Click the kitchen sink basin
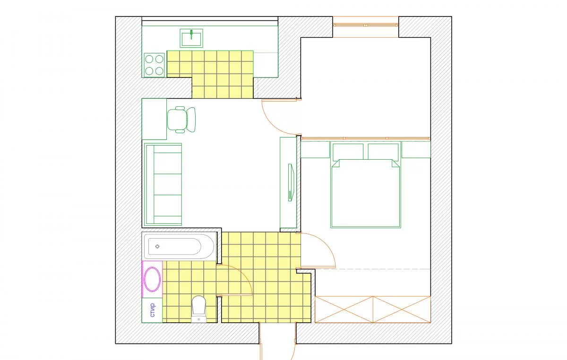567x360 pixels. (x=191, y=38)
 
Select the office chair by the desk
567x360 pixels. (x=181, y=120)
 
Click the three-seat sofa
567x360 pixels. (x=163, y=184)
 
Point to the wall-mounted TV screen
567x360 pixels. (x=291, y=182)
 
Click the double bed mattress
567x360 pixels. (x=366, y=193)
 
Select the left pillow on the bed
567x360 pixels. (x=348, y=152)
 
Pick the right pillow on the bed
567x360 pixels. (x=383, y=152)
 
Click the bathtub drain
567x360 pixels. (x=157, y=246)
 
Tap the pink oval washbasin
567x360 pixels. (x=152, y=279)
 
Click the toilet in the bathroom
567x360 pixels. (x=199, y=309)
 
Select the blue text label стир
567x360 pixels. (x=152, y=310)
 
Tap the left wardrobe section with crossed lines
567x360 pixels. (x=344, y=309)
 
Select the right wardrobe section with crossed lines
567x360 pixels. (x=402, y=309)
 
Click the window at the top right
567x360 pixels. (x=366, y=25)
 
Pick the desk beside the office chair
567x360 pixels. (x=154, y=119)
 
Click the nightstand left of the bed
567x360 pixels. (x=315, y=150)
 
